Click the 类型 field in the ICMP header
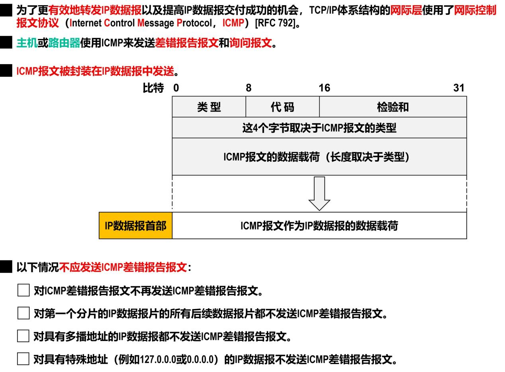[x=209, y=107]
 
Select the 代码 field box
[x=282, y=107]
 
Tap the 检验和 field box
[x=393, y=107]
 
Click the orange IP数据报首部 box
[x=135, y=226]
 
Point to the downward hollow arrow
[x=319, y=193]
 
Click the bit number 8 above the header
[x=249, y=88]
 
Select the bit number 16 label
[x=324, y=88]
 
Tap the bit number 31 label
[x=459, y=88]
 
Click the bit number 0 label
[x=176, y=88]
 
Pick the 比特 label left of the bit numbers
[x=153, y=88]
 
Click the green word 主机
[x=27, y=43]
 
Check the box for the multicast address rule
[x=23, y=336]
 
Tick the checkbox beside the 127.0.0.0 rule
[x=23, y=359]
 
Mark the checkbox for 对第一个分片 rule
[x=23, y=313]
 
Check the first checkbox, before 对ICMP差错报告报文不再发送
[x=23, y=290]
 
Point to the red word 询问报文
[x=251, y=43]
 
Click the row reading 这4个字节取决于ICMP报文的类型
[x=319, y=128]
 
